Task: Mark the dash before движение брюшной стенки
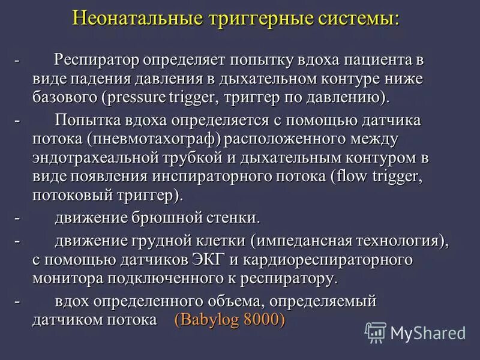tap(17, 217)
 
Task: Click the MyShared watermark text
tap(428, 332)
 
